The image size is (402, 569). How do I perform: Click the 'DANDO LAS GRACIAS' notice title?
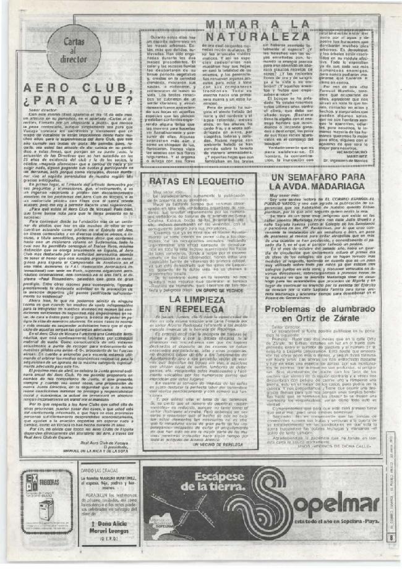[81, 471]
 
